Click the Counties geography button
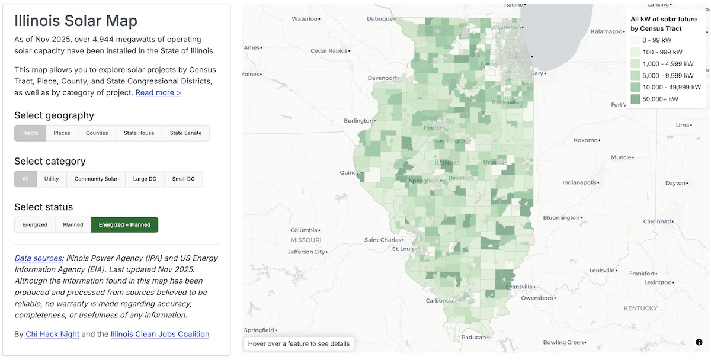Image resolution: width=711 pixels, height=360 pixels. coord(97,133)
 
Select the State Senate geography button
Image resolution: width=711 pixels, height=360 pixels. coord(185,133)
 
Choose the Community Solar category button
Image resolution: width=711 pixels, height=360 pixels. coord(96,179)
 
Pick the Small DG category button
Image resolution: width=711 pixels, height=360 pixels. coord(183,179)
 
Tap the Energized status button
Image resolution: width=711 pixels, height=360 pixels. coord(35,225)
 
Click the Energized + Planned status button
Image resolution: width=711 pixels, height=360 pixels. coord(124,225)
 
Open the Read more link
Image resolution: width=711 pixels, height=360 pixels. coord(158,92)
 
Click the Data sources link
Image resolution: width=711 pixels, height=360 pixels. coord(39,258)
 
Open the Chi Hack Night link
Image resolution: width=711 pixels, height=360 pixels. coord(52,334)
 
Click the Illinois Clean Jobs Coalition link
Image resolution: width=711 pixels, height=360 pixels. coord(160,334)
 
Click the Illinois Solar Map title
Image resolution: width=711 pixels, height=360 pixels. coord(76,21)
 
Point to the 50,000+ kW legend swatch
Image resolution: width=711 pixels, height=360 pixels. coord(635,99)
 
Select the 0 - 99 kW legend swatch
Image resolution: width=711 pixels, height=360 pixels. coord(635,40)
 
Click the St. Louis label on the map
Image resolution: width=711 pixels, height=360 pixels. coord(403,249)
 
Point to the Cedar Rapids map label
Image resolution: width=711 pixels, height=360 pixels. coord(329,50)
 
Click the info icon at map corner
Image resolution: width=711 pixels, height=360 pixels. coord(699,342)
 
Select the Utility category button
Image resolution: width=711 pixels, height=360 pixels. coord(52,179)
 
